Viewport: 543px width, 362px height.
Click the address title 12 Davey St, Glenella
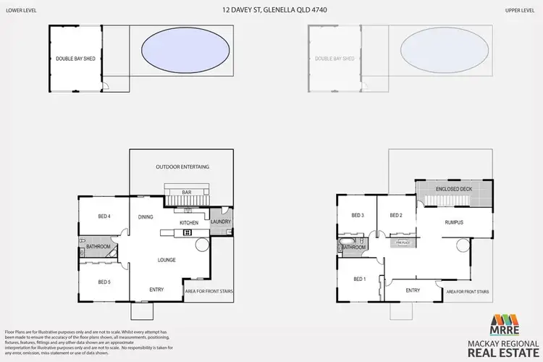(x=271, y=11)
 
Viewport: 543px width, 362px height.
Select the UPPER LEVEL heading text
(x=522, y=11)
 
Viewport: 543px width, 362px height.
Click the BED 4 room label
(x=104, y=216)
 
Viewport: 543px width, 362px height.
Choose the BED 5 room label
(x=104, y=282)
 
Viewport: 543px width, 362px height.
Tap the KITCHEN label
(x=189, y=222)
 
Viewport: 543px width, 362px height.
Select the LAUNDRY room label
(x=220, y=222)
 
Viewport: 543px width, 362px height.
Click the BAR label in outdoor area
(x=186, y=192)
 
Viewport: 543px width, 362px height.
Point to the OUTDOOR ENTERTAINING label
(x=182, y=167)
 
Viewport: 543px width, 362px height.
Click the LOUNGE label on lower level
(x=167, y=259)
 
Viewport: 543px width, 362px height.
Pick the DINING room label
(x=146, y=216)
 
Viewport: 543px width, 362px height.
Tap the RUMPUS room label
(x=454, y=222)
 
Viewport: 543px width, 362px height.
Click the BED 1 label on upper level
(x=360, y=279)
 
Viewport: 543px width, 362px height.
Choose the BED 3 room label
(x=358, y=216)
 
